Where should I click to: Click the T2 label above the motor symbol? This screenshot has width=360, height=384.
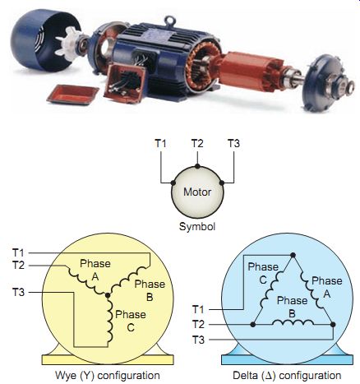pos(197,143)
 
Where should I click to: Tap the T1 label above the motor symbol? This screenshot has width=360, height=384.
pos(160,143)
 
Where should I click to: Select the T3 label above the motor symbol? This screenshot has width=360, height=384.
pos(233,143)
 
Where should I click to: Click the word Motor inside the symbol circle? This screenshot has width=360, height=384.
pos(197,192)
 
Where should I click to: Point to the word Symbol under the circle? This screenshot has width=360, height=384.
pos(197,227)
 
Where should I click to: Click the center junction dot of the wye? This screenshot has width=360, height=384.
pos(108,295)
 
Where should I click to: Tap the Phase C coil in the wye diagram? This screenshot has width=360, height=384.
pos(110,320)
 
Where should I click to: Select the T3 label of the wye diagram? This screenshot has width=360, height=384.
pos(18,292)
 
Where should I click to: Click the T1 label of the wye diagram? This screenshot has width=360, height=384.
pos(18,252)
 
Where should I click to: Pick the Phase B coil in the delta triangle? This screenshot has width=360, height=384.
pos(293,322)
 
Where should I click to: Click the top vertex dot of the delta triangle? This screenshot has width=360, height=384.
pos(293,255)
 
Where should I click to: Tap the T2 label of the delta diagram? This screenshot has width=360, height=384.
pos(198,325)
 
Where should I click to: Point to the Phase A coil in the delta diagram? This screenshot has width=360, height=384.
pos(311,290)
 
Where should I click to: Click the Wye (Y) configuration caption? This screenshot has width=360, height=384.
pos(108,375)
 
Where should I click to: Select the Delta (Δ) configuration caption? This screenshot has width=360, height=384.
pos(287,375)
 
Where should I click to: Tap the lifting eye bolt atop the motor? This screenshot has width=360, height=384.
pos(168,21)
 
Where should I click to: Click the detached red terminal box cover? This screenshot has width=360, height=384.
pos(72,95)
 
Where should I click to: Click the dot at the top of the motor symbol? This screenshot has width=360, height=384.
pos(197,166)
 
